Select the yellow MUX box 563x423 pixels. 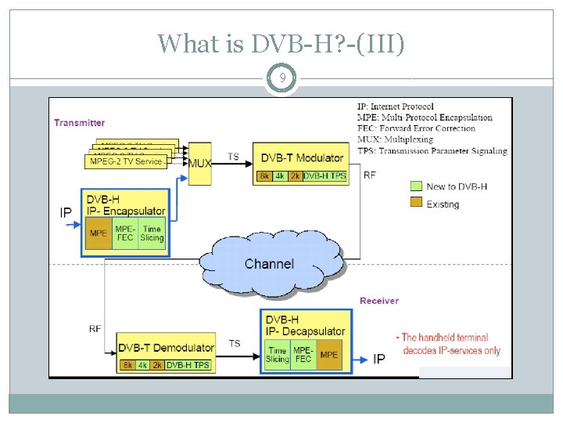tap(200, 163)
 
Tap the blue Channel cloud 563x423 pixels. tap(269, 263)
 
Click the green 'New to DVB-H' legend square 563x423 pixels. tap(416, 186)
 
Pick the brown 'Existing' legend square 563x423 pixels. tap(416, 204)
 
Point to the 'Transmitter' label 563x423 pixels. tap(79, 122)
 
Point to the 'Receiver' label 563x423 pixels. tap(378, 301)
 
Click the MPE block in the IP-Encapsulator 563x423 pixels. tap(99, 233)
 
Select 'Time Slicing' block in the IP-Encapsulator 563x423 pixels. tap(152, 233)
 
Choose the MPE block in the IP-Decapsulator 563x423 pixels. tap(329, 355)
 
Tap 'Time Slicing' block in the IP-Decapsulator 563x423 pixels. tap(277, 355)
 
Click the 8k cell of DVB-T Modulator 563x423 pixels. tap(265, 175)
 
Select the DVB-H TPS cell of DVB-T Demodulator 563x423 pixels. tap(188, 365)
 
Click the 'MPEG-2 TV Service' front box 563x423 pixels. tap(125, 161)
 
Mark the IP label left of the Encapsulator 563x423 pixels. tap(68, 212)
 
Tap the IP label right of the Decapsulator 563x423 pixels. tap(379, 359)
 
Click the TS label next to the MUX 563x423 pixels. tap(233, 157)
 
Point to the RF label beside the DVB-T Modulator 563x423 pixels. tap(369, 175)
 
